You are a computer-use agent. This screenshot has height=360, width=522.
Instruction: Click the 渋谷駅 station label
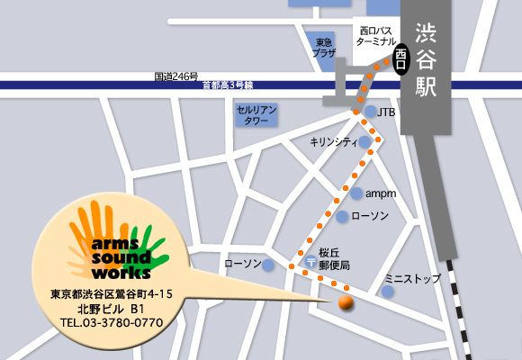click(x=426, y=58)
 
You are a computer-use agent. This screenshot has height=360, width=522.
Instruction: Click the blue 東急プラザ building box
click(x=324, y=49)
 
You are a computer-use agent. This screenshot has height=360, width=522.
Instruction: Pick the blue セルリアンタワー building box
click(x=256, y=113)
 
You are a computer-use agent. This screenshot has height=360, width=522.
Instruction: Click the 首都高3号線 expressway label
click(x=228, y=85)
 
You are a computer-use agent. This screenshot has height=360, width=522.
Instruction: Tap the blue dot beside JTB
click(x=370, y=112)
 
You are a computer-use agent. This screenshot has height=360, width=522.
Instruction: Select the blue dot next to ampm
click(x=356, y=193)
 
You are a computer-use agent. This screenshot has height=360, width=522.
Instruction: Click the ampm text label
click(x=382, y=193)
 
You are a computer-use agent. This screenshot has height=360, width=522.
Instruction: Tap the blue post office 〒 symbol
click(x=311, y=262)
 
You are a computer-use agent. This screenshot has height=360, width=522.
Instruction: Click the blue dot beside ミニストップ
click(x=387, y=292)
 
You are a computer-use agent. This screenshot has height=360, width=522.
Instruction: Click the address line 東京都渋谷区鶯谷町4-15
click(x=112, y=293)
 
